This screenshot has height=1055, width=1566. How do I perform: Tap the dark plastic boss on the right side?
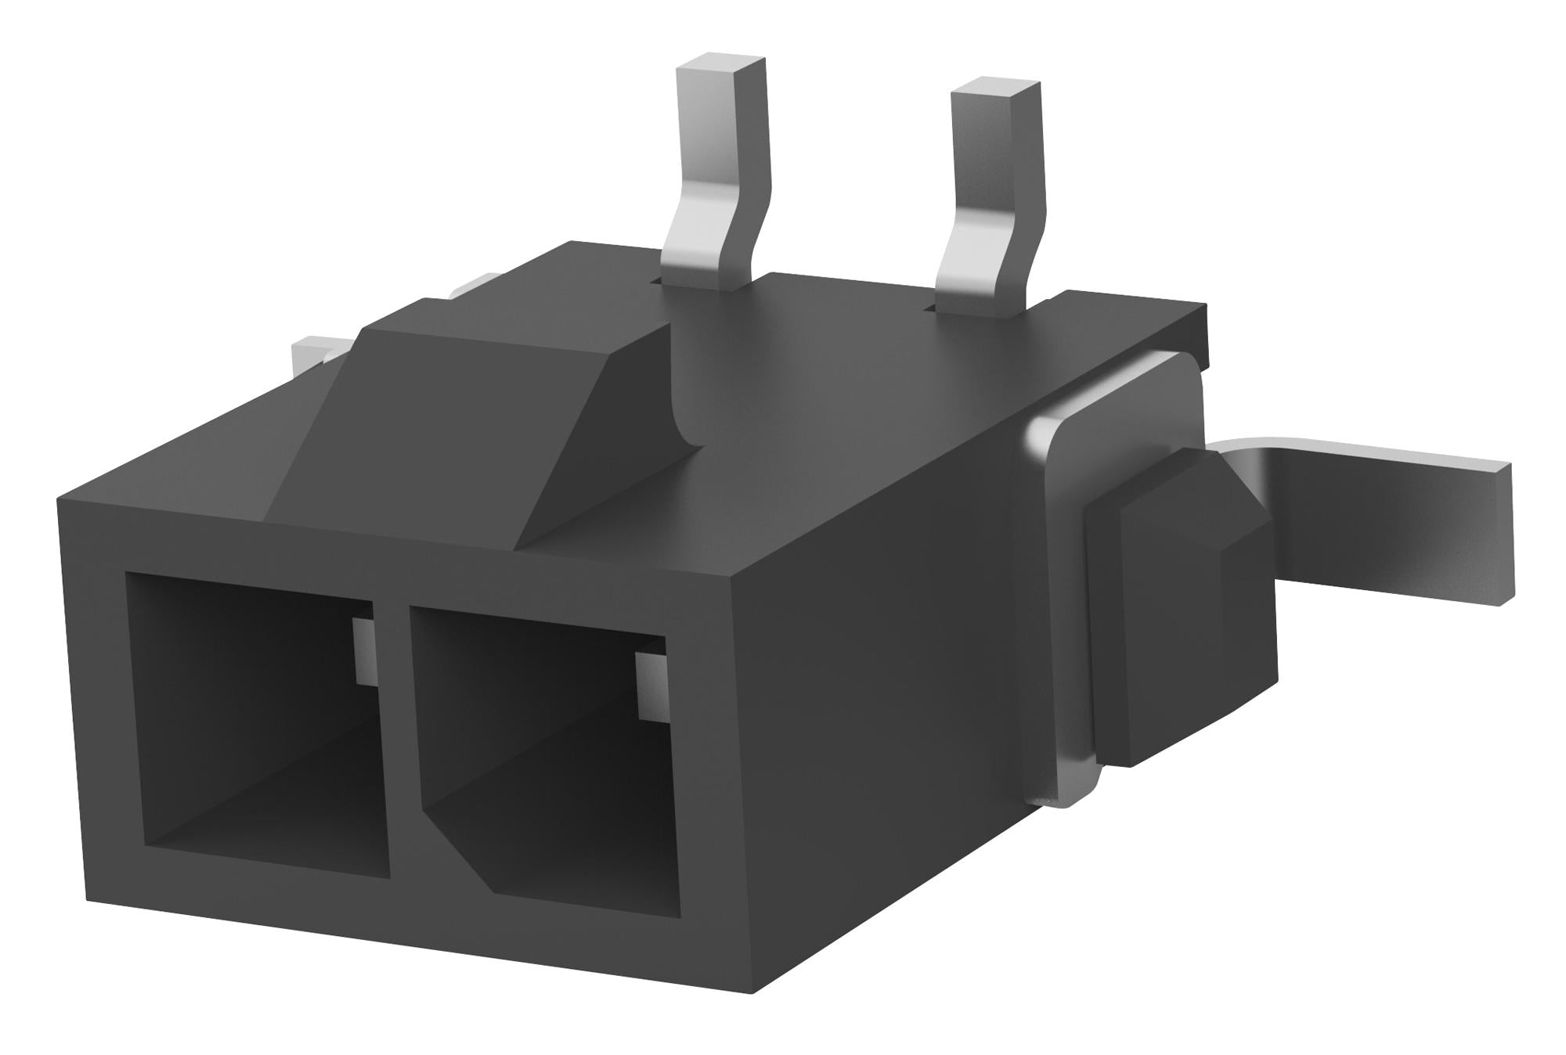click(1174, 610)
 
